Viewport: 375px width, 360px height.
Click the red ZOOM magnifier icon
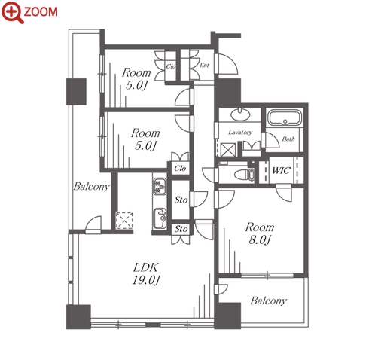[12, 12]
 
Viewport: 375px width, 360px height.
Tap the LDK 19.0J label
[146, 273]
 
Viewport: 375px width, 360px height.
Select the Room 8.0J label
[260, 233]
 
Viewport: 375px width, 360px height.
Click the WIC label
[281, 170]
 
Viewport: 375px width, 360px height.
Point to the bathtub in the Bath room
[285, 117]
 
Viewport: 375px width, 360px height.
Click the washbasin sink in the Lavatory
[240, 114]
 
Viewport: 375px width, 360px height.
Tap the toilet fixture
[244, 175]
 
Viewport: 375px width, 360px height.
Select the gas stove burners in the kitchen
[160, 186]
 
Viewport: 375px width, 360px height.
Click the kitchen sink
[160, 218]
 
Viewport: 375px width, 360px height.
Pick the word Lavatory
[240, 133]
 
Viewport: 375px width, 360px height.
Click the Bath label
[288, 139]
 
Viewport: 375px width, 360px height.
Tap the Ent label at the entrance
[204, 66]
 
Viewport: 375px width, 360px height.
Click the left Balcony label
[91, 187]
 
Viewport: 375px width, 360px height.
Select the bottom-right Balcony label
[268, 301]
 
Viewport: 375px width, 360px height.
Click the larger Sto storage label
[181, 200]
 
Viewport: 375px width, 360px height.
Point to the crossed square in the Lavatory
[228, 150]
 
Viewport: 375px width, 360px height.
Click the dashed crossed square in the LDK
[124, 221]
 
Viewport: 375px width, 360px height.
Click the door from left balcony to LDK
[93, 224]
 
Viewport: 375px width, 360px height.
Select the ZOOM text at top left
[41, 12]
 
